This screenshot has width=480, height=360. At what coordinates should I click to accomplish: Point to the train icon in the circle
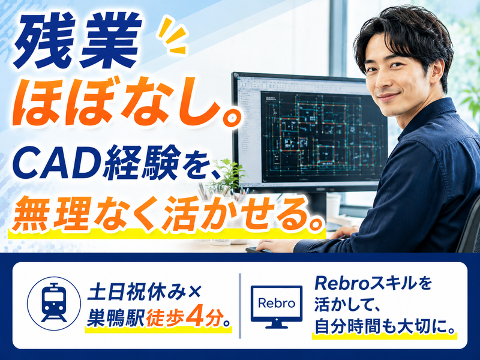coord(54,304)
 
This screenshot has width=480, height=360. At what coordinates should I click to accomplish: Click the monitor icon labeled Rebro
coord(277,307)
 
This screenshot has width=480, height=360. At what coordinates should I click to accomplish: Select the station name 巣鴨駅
coord(115,319)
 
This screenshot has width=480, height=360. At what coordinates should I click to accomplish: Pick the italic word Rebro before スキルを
coord(342,283)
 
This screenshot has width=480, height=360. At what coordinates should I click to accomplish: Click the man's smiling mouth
coord(388,97)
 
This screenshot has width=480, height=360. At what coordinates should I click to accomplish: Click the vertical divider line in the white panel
coord(239,305)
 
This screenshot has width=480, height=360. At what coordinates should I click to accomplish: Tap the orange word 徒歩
coord(166,319)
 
